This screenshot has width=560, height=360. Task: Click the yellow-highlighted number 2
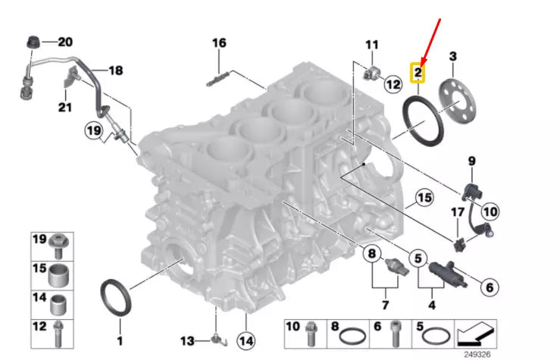[417, 74]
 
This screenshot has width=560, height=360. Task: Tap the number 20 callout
[65, 42]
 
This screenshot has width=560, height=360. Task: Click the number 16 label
[219, 43]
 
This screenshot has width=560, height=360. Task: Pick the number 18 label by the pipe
[115, 71]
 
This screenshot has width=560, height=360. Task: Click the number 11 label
[371, 45]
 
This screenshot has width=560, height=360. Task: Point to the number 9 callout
[471, 161]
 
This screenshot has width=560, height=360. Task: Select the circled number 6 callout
[489, 286]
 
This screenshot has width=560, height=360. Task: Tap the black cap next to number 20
[33, 41]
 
